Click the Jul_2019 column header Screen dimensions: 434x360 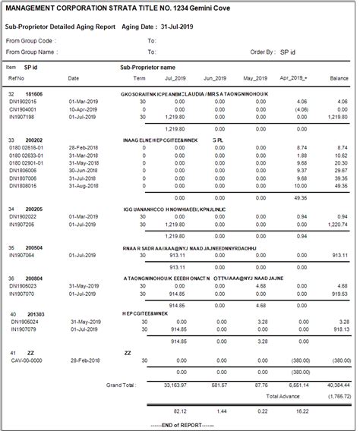[x=175, y=78]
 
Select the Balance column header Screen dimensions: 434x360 [x=339, y=78]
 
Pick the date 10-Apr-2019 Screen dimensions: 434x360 [x=83, y=108]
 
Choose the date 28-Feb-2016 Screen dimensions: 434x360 [x=84, y=147]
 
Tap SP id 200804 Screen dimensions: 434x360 [x=33, y=278]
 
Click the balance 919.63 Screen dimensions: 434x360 [x=338, y=293]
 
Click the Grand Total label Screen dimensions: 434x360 [x=125, y=385]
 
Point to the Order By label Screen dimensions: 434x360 [x=263, y=52]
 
